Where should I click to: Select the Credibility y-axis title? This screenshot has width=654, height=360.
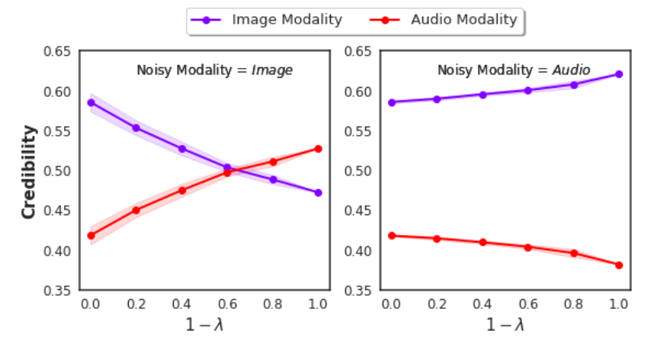(29, 171)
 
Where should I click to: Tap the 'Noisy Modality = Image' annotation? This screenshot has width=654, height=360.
(214, 70)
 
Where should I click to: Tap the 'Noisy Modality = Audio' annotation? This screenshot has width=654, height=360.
(513, 70)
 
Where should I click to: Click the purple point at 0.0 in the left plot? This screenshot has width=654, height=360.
(91, 102)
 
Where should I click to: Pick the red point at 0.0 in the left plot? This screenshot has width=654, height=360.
(91, 236)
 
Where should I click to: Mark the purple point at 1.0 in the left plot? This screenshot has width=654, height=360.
(318, 192)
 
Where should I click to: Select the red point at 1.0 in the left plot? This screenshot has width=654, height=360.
(318, 149)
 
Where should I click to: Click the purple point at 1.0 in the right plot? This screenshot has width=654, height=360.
(619, 74)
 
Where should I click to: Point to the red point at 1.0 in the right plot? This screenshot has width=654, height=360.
(619, 265)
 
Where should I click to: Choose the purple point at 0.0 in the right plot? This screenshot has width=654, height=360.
(392, 102)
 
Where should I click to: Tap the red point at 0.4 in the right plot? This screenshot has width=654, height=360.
(482, 243)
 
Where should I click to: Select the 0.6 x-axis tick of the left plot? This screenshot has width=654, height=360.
(227, 304)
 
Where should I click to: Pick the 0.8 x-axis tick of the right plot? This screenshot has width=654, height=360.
(573, 304)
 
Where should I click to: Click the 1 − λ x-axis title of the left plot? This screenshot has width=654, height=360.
(204, 325)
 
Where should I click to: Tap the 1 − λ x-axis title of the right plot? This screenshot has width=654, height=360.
(505, 325)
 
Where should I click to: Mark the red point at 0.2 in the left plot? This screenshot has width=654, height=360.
(136, 211)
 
